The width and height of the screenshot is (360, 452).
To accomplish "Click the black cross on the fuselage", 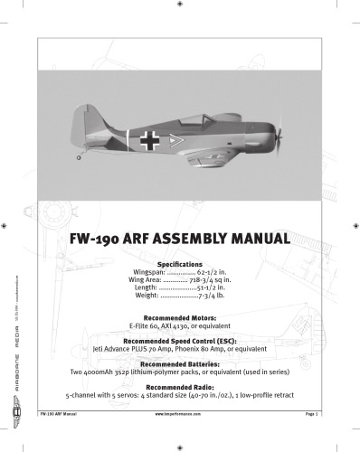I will click(x=148, y=139).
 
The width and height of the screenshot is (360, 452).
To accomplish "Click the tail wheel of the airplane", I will click(x=80, y=157).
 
